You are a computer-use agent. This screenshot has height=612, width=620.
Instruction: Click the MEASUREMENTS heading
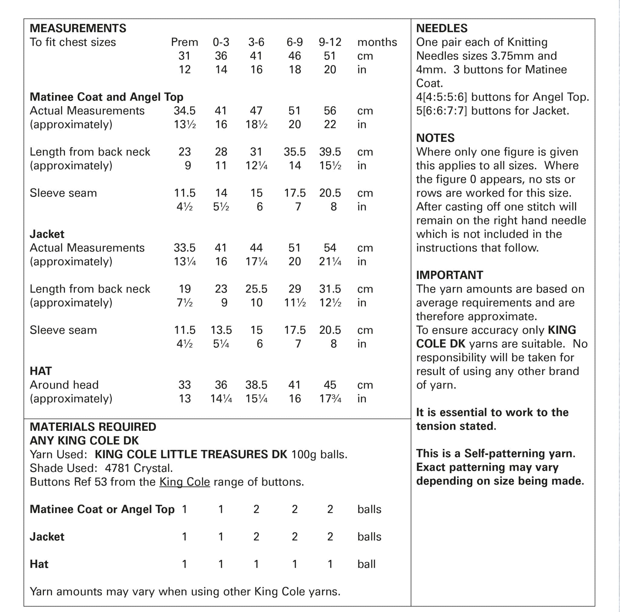(78, 28)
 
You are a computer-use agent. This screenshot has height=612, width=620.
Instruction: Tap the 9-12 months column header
(330, 42)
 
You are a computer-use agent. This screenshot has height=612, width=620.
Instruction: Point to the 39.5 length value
(330, 152)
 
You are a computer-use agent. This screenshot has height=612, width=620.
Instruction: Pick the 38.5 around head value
(256, 385)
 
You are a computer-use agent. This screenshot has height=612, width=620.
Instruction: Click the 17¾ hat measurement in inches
(330, 398)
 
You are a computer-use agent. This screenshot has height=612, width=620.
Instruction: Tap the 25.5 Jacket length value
(256, 289)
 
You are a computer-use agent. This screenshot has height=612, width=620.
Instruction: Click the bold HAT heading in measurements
(41, 371)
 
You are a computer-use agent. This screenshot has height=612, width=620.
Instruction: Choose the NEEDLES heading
(442, 28)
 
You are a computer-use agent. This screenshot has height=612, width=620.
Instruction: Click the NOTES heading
(435, 138)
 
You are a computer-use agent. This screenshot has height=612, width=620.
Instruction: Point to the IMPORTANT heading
(449, 275)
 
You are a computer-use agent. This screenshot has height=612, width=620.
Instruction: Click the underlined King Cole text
(185, 482)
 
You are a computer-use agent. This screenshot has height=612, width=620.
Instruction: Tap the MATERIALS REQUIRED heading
(93, 427)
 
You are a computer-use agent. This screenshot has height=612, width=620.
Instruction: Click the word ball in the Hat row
(366, 564)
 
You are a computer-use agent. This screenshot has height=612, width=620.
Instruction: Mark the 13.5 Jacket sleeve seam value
(221, 330)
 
